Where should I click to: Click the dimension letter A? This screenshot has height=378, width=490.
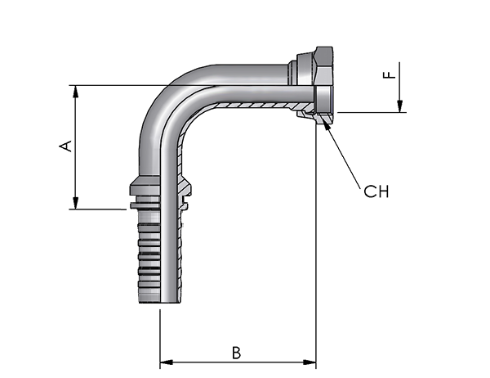[65, 146]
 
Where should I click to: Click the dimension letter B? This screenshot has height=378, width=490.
[237, 353]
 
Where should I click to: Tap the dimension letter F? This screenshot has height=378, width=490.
[390, 74]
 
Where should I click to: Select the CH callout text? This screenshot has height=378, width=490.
[376, 191]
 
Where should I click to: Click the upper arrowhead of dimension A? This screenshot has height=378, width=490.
[75, 91]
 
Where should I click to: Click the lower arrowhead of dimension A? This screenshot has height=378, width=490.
[75, 203]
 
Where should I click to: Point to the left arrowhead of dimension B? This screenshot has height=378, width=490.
[167, 362]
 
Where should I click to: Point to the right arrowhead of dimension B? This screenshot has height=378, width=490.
[310, 362]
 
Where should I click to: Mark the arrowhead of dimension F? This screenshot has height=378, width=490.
[399, 106]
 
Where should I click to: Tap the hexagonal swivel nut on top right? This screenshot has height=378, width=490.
[323, 85]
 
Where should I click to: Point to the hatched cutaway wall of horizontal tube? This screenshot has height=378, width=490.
[256, 106]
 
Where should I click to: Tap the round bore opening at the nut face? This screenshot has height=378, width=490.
[323, 96]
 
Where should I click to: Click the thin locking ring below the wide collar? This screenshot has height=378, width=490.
[145, 205]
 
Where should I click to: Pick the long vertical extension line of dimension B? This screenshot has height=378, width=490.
[316, 245]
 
